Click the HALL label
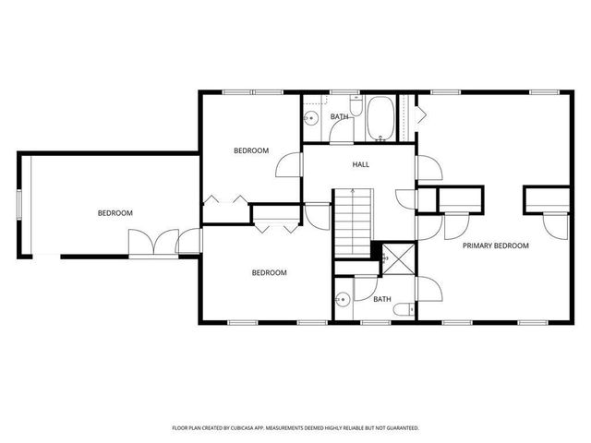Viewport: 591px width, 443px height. (x=360, y=164)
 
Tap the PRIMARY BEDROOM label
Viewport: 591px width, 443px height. (x=496, y=245)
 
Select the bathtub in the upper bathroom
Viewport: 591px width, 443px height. (x=380, y=120)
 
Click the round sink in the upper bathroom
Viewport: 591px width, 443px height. (x=312, y=118)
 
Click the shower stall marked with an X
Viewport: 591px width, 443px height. (x=398, y=254)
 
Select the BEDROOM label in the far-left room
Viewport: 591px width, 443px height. (x=115, y=213)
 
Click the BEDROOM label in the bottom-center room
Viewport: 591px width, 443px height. (x=270, y=272)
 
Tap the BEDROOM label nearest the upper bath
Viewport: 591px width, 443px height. (x=250, y=150)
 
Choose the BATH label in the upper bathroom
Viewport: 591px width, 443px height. (x=340, y=117)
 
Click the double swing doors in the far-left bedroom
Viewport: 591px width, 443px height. (x=152, y=243)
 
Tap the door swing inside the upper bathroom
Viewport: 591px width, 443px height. (x=342, y=130)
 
